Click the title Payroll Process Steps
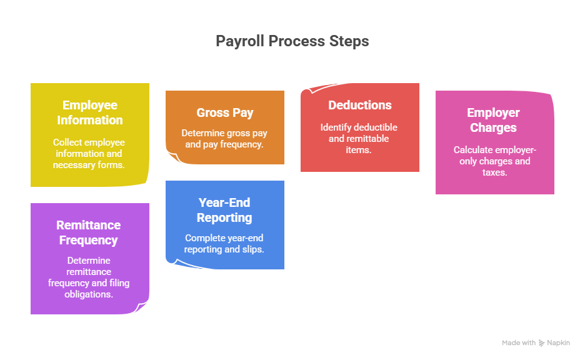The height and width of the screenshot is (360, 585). pos(292,41)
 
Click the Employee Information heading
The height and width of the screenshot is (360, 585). pos(90,112)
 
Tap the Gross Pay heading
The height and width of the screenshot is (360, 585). pos(225,112)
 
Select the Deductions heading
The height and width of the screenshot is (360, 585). pos(360,105)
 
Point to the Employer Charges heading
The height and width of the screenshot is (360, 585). pos(494,120)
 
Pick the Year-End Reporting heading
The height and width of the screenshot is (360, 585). pos(225,210)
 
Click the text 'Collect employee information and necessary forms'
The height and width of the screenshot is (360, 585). pos(90,154)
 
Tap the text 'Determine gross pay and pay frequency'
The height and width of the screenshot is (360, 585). pos(225,139)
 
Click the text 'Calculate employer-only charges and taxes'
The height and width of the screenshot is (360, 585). pos(494,161)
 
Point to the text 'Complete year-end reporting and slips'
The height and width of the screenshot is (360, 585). pos(225,244)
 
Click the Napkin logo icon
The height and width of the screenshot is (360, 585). pos(541,343)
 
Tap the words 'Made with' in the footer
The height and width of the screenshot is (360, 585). pos(519,343)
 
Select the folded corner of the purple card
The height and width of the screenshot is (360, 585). pos(143,308)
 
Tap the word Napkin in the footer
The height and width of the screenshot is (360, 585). pos(559,343)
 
